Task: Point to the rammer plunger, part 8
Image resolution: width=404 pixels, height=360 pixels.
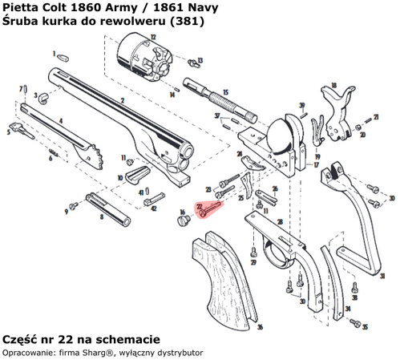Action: (109, 205)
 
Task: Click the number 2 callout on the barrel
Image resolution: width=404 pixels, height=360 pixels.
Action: (121, 100)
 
